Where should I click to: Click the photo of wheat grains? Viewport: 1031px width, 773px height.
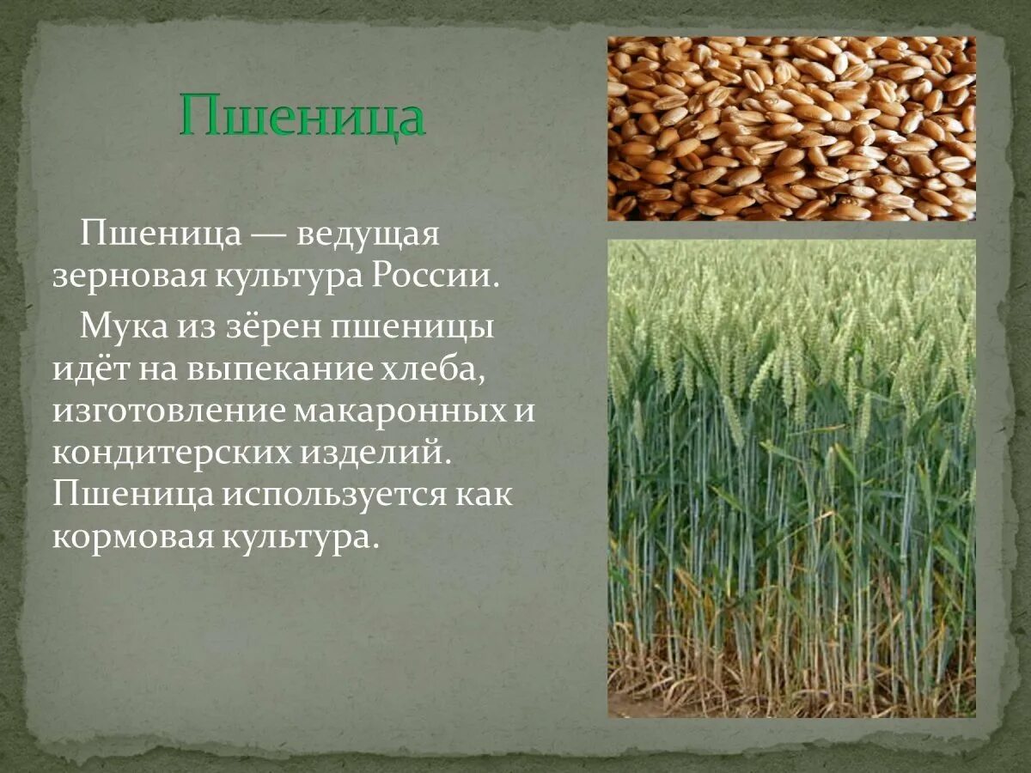[x=791, y=128]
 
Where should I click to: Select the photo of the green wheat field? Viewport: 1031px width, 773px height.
[x=791, y=478]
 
